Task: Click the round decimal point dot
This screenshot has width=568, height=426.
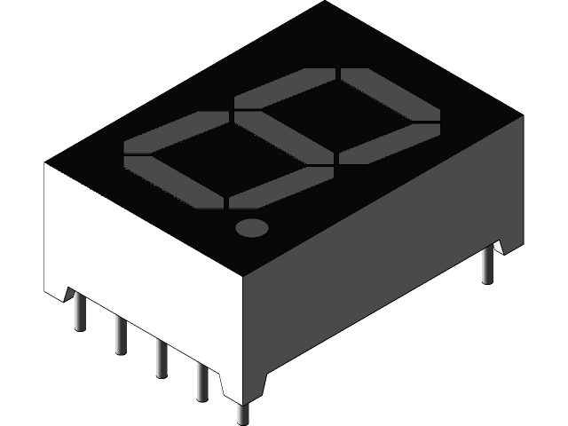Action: [252, 227]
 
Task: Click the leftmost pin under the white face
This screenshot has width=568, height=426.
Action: [81, 312]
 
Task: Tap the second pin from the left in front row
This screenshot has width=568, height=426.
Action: [120, 335]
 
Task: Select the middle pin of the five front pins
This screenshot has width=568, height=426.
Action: [161, 359]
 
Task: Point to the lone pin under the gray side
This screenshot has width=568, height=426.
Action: [487, 265]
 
